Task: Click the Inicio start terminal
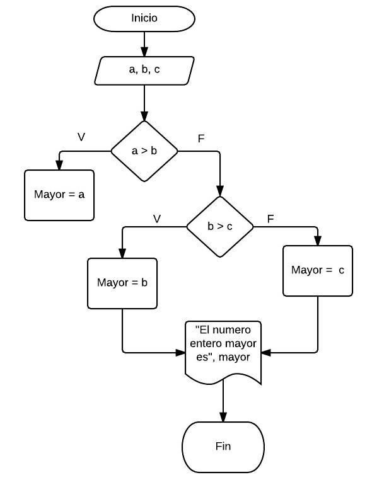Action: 144,18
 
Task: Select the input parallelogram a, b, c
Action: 144,70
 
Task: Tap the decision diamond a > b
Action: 144,151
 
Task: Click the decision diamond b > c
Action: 220,227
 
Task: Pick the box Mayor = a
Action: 59,195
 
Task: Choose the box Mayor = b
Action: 122,283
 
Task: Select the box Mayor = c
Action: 318,271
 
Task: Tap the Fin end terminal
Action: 223,447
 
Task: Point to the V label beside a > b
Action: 81,137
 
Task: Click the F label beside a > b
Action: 201,139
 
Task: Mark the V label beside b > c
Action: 157,219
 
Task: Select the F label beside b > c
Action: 270,219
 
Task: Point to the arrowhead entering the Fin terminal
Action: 223,417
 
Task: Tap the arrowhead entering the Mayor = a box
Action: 59,165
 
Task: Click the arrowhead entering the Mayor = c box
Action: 318,241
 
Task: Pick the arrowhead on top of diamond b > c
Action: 220,191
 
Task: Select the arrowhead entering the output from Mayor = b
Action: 180,353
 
